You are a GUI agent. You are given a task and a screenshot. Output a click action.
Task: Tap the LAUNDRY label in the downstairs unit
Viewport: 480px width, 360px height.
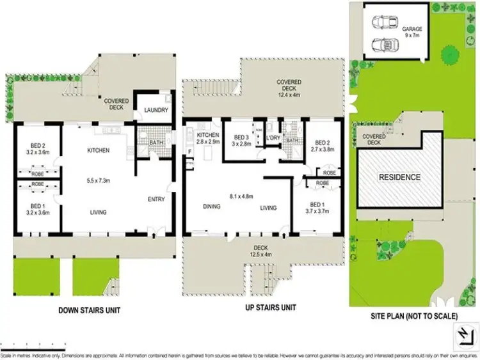(156, 110)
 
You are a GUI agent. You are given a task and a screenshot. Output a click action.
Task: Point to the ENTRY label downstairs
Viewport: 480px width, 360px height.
(156, 199)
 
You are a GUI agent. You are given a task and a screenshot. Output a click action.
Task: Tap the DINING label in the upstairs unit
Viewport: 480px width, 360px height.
(211, 207)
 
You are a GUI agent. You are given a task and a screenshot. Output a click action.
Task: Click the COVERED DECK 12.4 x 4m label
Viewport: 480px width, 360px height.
(289, 86)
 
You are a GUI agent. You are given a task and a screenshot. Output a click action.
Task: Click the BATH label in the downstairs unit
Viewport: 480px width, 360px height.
(156, 141)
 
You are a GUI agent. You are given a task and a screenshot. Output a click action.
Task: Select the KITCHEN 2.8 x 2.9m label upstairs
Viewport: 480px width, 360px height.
(209, 137)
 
